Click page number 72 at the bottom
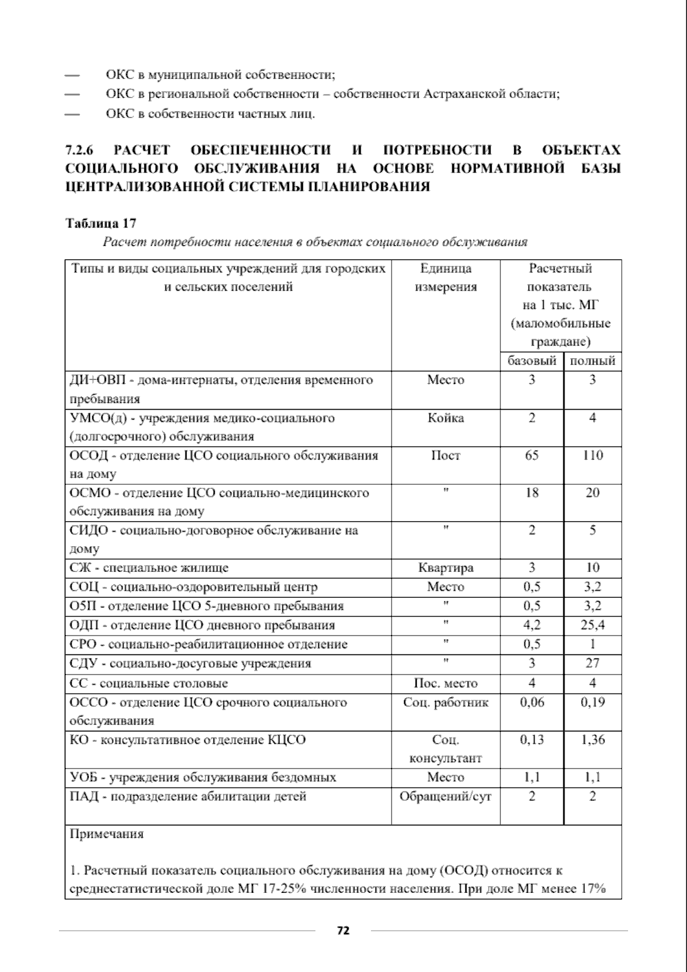343,931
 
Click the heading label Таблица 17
101,224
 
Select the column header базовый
532,361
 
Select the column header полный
593,361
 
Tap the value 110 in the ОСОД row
593,456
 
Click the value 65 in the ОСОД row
532,456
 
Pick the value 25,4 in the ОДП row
593,625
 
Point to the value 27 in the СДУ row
593,664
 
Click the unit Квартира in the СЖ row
446,568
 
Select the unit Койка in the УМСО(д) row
446,418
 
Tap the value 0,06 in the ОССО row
532,703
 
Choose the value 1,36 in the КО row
593,740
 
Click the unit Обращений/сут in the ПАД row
446,797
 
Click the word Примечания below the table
106,834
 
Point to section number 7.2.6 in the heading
80,151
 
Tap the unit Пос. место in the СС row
446,683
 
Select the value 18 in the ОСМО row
532,493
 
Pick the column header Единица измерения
446,277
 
